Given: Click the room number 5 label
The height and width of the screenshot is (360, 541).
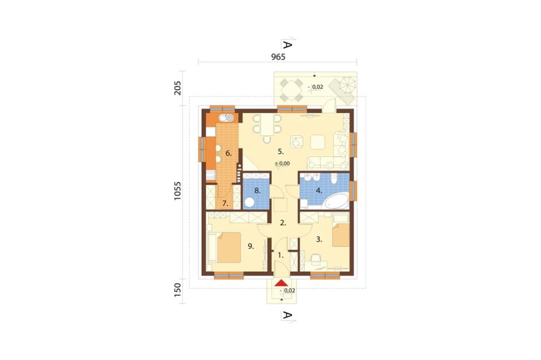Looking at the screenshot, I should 281,151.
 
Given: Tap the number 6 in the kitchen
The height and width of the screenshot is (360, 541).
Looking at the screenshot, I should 229,153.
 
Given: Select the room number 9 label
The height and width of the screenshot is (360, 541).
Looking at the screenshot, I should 250,246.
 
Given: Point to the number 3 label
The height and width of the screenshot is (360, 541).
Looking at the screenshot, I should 319,239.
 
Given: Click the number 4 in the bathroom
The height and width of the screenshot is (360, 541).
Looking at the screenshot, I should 319,190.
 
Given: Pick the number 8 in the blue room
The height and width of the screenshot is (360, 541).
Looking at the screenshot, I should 258,190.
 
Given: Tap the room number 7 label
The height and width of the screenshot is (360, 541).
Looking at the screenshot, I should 225,204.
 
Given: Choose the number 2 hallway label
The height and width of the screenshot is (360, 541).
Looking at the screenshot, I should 282,222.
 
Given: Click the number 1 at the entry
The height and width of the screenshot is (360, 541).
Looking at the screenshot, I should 280,254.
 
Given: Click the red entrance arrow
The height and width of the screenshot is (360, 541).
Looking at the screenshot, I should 281,283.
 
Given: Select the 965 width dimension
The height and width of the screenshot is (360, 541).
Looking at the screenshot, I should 278,57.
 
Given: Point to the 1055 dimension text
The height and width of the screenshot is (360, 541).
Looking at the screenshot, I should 178,191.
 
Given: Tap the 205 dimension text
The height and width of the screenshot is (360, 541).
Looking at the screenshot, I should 178,88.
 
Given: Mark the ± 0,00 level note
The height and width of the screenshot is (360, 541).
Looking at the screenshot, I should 282,163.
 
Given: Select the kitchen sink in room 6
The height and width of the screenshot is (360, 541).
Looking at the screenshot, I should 227,117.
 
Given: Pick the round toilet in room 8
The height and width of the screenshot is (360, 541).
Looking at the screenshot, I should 250,202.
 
